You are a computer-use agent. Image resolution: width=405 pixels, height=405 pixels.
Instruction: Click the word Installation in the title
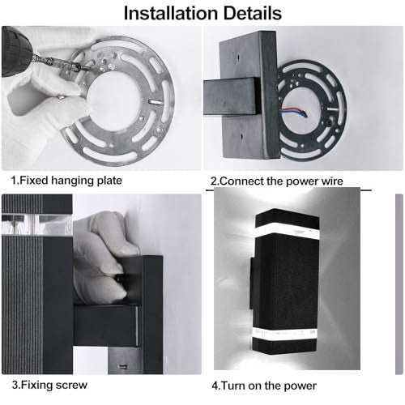click(x=169, y=13)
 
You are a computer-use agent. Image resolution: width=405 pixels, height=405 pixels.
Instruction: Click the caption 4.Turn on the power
click(x=264, y=386)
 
